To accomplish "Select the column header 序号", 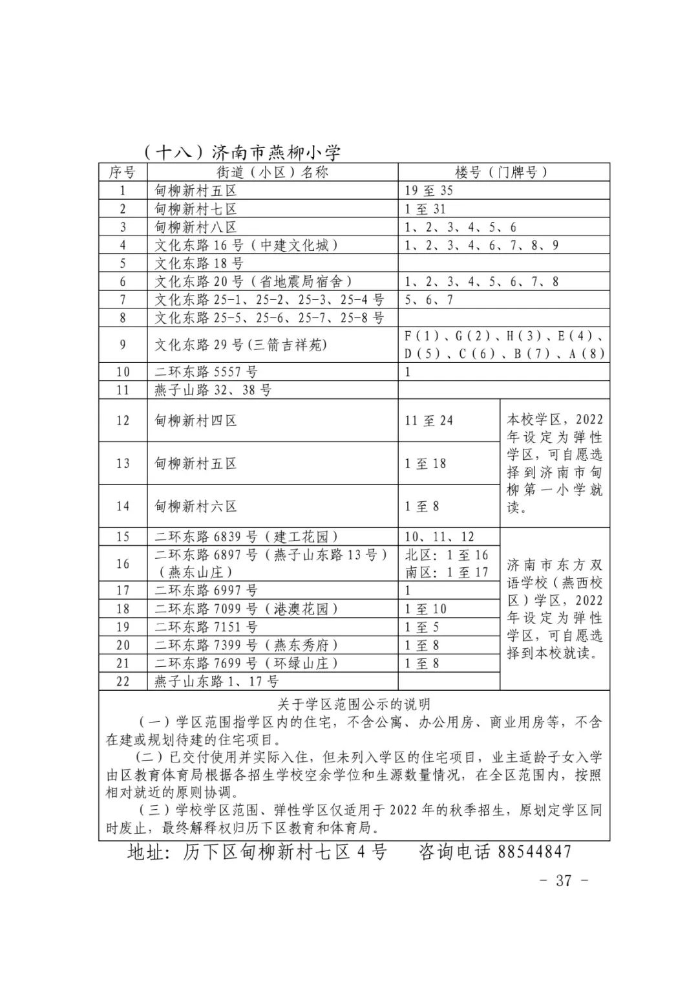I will point(122,172).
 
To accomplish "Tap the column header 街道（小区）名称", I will point(272,172).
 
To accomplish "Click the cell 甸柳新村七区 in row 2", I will point(196,209).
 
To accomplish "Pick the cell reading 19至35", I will point(429,190).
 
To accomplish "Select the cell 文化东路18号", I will point(199,263).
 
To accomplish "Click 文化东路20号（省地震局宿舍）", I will point(253,281).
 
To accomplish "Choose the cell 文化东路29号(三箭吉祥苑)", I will point(241,345).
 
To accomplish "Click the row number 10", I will point(123,372).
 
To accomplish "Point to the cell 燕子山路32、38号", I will point(213,390).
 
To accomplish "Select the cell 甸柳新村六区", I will point(196,506).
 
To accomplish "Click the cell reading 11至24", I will point(429,420).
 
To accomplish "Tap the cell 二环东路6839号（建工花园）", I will point(247,537).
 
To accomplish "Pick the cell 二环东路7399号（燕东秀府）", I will point(247,645).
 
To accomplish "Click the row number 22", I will point(123,681).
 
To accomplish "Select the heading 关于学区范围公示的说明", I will point(354,704).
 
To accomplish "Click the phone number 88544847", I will point(534,851).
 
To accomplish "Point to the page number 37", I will point(564,880).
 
